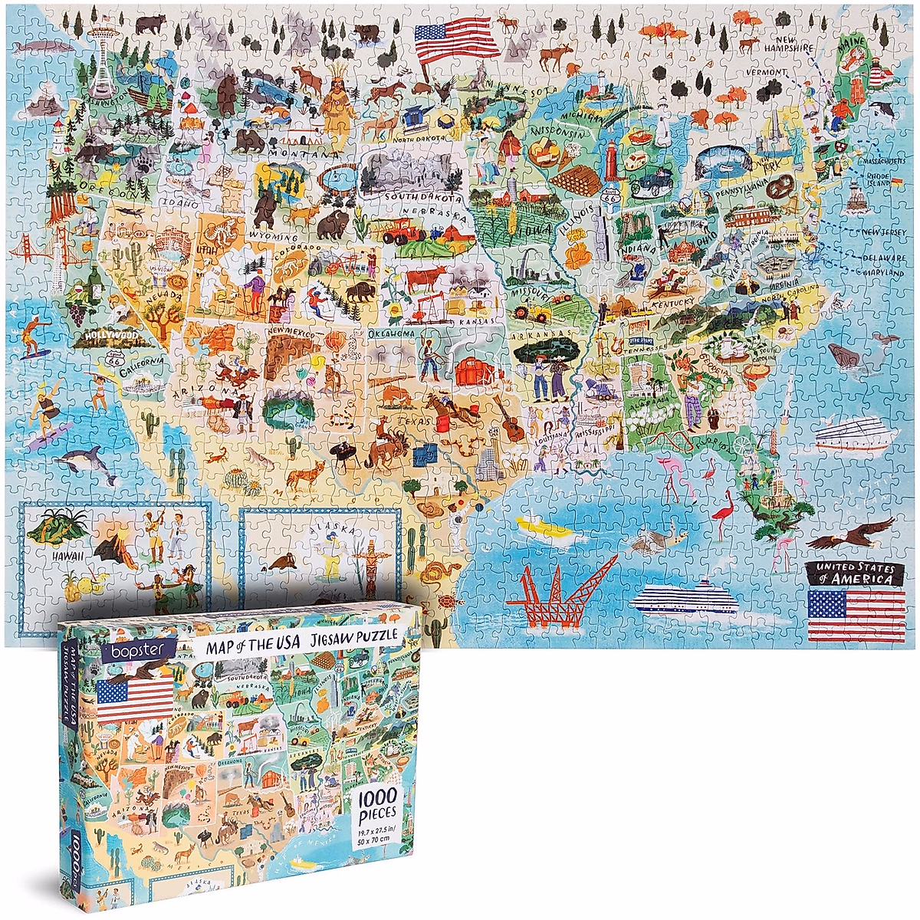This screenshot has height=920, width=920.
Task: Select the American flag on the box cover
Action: (135, 699)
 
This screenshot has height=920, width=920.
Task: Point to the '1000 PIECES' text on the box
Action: (376, 804)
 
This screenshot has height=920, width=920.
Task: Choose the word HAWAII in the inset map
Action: (67, 554)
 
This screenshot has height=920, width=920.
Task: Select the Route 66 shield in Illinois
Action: (610, 198)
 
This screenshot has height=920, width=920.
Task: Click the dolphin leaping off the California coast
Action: (83, 459)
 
